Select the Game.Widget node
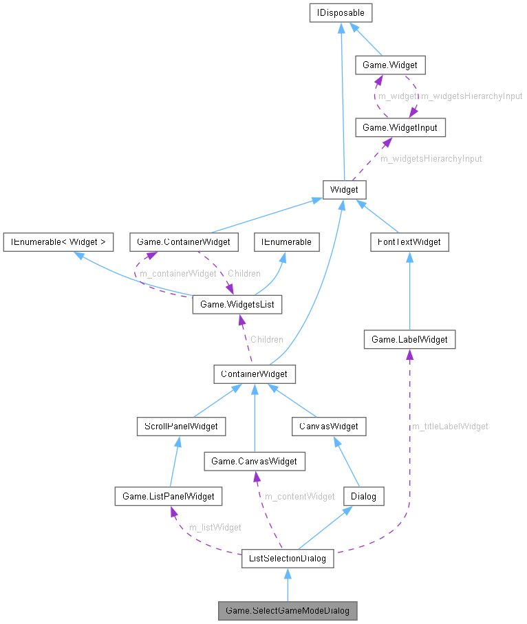coord(389,65)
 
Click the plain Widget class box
coord(345,189)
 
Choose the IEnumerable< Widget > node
coord(58,241)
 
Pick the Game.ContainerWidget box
coord(184,241)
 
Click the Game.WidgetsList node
coord(237,303)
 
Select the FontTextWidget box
coord(409,241)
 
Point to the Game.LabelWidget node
coord(409,339)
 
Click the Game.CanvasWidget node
coord(254,461)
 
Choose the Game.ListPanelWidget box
coord(169,495)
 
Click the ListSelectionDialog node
coord(288,558)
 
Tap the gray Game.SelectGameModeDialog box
coord(288,610)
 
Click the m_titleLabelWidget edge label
coord(450,427)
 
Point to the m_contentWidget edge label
coord(300,496)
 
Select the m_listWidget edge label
coord(215,528)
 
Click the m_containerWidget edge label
coord(178,274)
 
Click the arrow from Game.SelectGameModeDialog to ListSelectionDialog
coord(288,585)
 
